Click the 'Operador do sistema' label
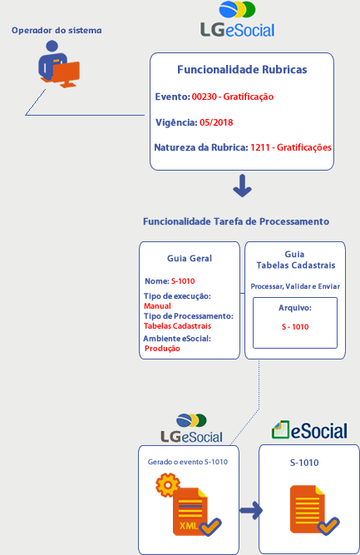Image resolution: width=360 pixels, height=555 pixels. (57, 31)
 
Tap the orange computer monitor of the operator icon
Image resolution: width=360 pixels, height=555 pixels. (67, 74)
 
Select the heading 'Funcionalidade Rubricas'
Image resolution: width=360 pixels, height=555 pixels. (242, 69)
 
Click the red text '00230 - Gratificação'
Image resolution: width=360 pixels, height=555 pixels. (233, 97)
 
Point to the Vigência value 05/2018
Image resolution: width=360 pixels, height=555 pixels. (216, 122)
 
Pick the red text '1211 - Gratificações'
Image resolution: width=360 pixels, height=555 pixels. (291, 147)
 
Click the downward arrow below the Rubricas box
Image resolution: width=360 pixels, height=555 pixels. (242, 186)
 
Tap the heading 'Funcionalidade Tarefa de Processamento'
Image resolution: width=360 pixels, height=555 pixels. (236, 221)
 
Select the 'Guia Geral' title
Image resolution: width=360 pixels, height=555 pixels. (190, 259)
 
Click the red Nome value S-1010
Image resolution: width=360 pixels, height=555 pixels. (183, 281)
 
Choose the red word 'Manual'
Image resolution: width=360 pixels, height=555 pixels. (157, 306)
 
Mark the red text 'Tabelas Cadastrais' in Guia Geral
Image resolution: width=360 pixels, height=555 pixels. (178, 326)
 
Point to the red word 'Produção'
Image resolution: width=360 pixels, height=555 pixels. (162, 349)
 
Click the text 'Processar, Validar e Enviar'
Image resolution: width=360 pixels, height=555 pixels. (295, 286)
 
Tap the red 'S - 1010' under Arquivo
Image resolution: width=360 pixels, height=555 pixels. (295, 327)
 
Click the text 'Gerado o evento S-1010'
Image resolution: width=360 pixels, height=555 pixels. (188, 462)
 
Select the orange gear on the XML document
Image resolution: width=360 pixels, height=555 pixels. (168, 485)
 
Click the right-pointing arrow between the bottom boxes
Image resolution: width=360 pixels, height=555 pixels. (251, 510)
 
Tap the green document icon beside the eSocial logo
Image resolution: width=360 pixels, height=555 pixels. (281, 429)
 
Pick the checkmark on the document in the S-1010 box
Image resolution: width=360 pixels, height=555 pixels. (328, 527)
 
